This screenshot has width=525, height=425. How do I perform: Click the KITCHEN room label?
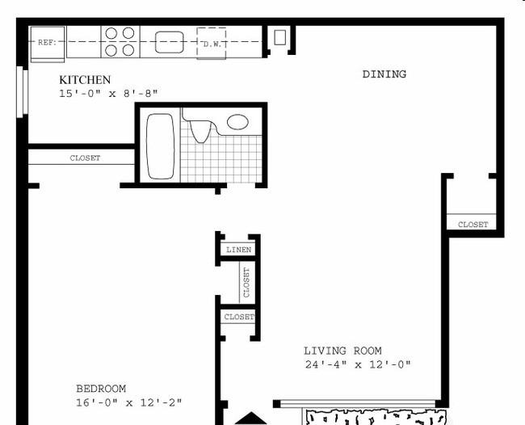coord(85,80)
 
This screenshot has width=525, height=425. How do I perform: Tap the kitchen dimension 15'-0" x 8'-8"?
coord(108,94)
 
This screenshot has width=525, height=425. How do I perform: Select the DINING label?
coord(384,74)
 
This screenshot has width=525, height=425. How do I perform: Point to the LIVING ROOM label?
coord(342,351)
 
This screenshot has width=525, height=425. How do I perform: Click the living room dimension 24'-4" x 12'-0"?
coord(358,364)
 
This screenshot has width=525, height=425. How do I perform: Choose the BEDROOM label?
coord(101,389)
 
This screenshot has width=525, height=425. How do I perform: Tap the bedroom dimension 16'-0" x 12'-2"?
coord(129,402)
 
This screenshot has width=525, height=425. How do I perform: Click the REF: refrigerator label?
coord(47,43)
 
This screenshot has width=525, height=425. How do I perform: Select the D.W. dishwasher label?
coord(212,44)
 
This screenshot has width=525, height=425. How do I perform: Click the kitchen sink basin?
coord(170,42)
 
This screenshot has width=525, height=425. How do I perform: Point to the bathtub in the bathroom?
coord(161,146)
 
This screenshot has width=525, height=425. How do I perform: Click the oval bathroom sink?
coord(237,122)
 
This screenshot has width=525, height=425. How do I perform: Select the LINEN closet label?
coord(239,250)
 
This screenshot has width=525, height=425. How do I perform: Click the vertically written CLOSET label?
coord(247,282)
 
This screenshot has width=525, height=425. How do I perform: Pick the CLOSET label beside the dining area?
coord(473,225)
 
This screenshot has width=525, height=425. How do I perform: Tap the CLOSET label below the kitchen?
coord(85,158)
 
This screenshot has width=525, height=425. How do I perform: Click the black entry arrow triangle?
coord(250,419)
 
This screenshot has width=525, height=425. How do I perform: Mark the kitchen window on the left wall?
coord(23,92)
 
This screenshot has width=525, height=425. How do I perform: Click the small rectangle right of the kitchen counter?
coord(280,37)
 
